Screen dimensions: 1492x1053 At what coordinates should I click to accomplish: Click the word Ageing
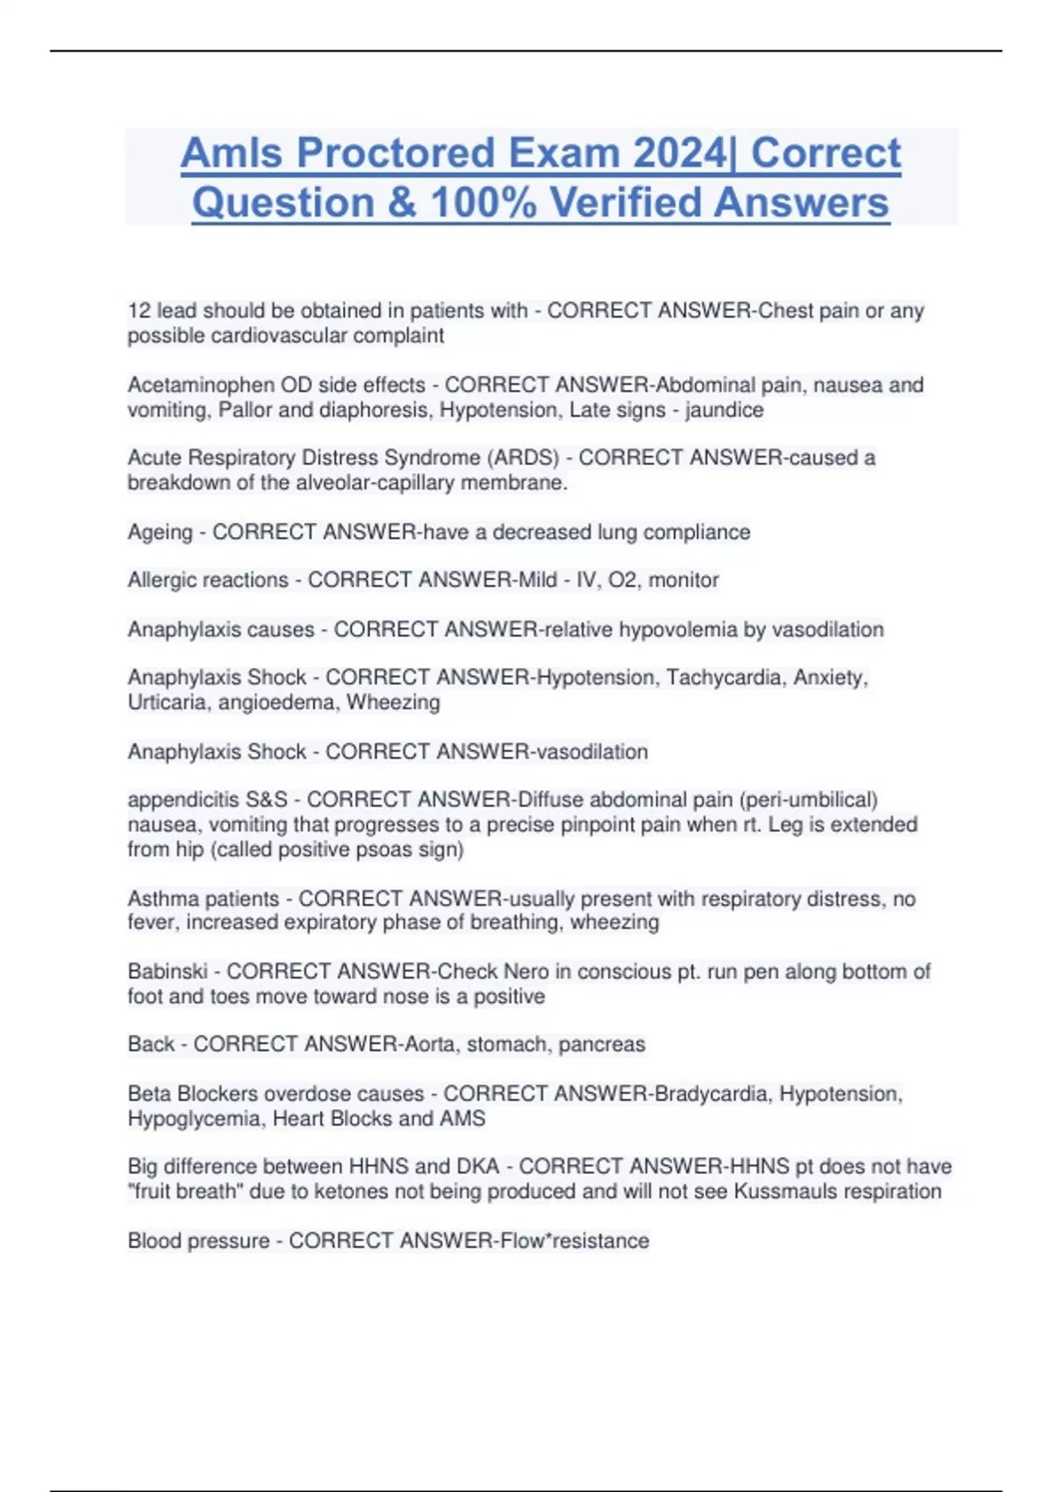pyautogui.click(x=160, y=533)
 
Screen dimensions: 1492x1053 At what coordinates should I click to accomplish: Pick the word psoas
pyautogui.click(x=380, y=850)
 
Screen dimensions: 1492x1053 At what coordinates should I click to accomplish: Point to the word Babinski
pyautogui.click(x=168, y=972)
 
